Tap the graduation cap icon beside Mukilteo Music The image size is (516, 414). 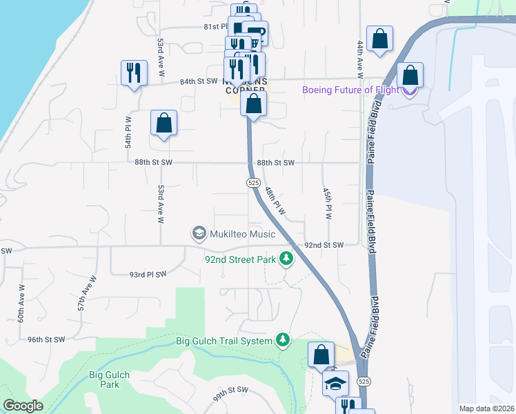click(x=199, y=233)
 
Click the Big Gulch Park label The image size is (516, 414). click(x=109, y=380)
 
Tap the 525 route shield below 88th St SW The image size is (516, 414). click(x=253, y=182)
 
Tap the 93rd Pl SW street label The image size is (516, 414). click(x=148, y=274)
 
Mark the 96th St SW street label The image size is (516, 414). click(x=46, y=339)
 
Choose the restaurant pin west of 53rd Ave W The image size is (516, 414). click(x=134, y=72)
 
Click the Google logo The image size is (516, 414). click(x=23, y=406)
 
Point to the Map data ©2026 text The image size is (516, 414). click(x=486, y=408)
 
